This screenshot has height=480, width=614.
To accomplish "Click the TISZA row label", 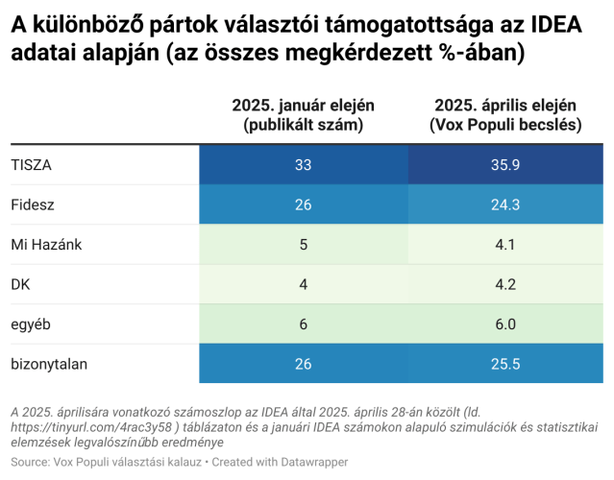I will click(31, 165).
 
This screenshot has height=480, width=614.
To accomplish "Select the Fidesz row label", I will click(32, 204).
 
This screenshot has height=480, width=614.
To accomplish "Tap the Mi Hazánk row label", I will click(46, 244).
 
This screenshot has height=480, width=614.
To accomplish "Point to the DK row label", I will click(21, 284).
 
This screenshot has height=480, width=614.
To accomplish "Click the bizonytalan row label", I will click(48, 364).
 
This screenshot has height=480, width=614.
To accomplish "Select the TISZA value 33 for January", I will click(304, 165).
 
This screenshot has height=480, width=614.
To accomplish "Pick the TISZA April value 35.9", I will click(504, 165).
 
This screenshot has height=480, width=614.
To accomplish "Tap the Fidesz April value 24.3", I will click(504, 204).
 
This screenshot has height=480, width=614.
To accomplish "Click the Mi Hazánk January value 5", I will click(304, 244).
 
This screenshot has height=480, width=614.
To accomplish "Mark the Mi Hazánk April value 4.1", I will click(504, 244).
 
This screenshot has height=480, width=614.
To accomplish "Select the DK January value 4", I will click(304, 284).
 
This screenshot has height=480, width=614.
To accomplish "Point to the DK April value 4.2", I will click(504, 284).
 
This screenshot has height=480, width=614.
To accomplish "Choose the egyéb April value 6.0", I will click(504, 324).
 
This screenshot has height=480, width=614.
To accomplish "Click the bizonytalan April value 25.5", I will click(504, 364).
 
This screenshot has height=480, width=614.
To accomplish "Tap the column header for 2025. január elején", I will click(304, 114).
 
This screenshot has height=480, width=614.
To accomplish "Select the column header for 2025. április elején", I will click(504, 114).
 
